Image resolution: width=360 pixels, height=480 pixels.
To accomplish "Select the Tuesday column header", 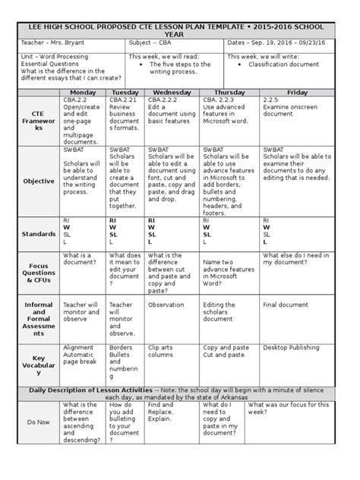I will [125, 92].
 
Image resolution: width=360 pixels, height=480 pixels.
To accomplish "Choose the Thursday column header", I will [229, 92].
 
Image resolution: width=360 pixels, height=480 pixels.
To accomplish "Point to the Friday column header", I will [297, 92].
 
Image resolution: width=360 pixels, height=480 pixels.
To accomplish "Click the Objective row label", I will [38, 182].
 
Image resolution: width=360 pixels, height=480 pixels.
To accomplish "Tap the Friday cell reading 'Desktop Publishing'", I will [291, 348].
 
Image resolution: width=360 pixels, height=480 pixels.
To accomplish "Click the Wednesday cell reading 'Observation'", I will [166, 305].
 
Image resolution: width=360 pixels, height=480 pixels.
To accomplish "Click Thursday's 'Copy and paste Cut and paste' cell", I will [226, 352].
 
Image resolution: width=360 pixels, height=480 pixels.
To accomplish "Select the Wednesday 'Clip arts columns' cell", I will [163, 352].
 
